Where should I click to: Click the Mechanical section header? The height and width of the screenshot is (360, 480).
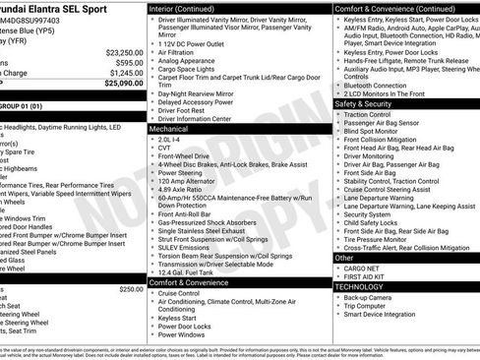tap(172, 128)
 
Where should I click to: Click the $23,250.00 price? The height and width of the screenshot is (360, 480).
tap(124, 52)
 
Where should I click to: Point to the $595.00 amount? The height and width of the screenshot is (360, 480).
tap(127, 62)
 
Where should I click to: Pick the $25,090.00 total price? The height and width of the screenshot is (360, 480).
tap(122, 84)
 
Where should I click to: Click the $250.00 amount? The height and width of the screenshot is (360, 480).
tap(131, 289)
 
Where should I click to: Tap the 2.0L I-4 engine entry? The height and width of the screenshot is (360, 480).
tap(170, 140)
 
